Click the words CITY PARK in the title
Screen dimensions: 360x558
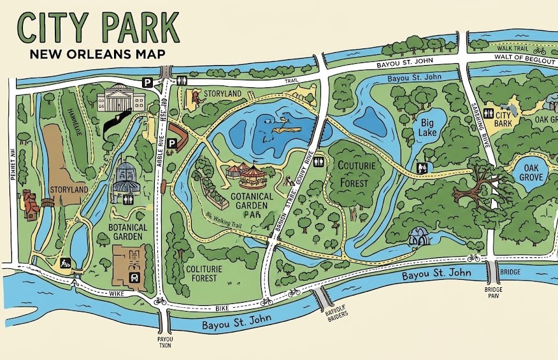tap(98, 27)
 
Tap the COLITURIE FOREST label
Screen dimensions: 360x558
tap(203, 273)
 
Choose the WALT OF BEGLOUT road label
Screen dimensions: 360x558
tap(518, 58)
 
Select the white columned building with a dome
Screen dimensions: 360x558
tap(120, 99)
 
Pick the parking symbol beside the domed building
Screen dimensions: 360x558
tap(147, 82)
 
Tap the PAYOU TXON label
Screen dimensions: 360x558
tap(165, 342)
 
